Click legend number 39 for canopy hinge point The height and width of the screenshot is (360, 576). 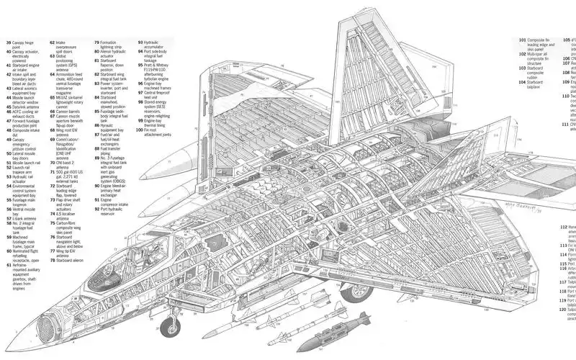(9, 43)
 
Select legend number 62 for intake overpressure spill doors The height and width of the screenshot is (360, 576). (53, 43)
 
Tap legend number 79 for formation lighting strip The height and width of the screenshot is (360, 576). (97, 43)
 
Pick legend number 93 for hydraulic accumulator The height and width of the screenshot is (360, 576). (141, 43)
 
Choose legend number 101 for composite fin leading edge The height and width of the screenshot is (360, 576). (523, 40)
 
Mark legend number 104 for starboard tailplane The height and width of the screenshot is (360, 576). (523, 83)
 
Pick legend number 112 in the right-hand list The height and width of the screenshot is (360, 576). (564, 227)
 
